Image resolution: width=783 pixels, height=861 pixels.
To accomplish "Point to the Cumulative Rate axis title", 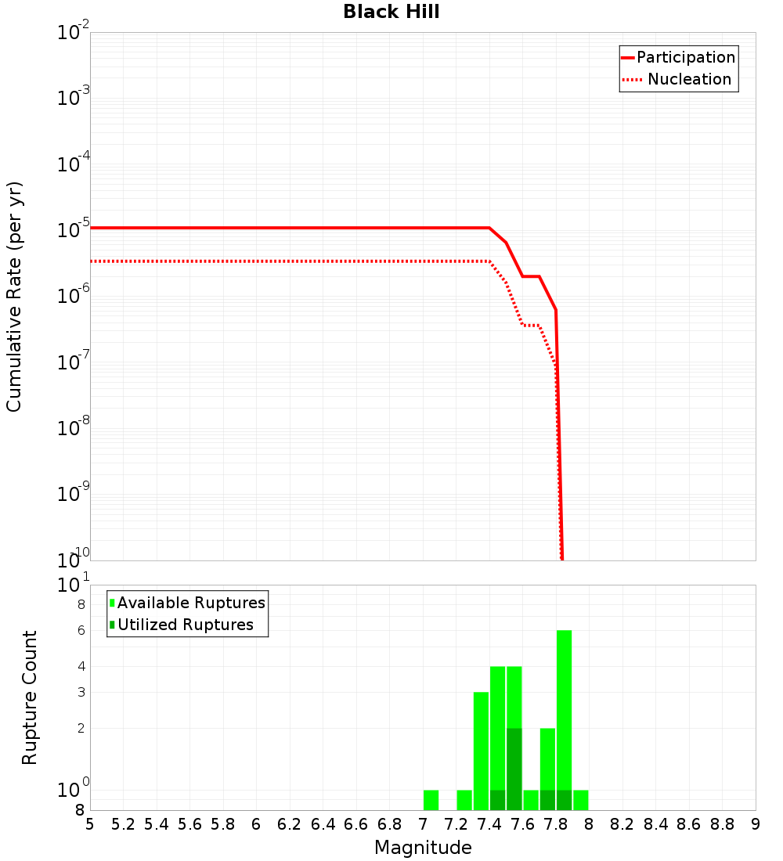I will [14, 296].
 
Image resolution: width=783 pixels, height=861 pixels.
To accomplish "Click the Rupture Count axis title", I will [30, 697].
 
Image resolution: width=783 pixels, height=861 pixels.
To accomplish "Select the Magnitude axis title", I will [423, 848].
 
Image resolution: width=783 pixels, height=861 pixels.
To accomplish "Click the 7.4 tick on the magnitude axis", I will [489, 824].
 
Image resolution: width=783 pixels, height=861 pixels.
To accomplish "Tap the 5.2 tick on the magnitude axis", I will [124, 824].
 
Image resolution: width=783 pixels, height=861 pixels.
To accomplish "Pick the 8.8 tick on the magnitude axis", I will [722, 824].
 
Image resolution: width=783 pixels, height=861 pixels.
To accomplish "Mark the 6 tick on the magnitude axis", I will [256, 824].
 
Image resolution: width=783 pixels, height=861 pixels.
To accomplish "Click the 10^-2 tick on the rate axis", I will [73, 33].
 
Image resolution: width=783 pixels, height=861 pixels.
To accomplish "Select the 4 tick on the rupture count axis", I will [81, 667].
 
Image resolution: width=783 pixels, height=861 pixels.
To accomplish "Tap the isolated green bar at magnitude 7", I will [431, 801].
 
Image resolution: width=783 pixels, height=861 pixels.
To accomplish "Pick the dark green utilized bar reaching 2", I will [514, 767].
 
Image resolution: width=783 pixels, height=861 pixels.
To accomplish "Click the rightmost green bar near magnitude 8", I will [580, 801].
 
